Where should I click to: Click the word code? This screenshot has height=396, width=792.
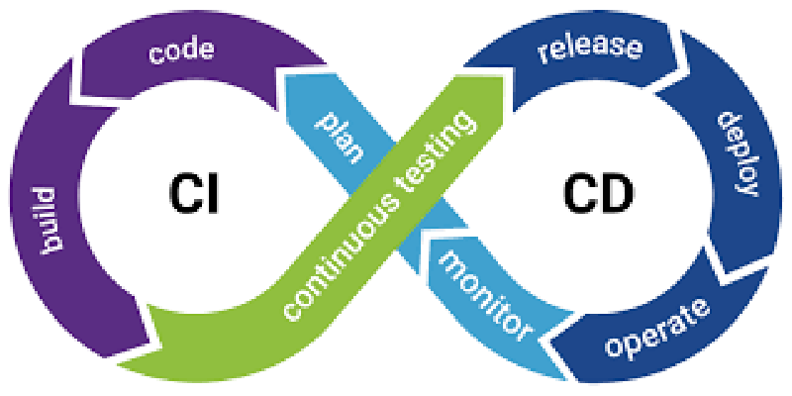click(182, 51)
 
